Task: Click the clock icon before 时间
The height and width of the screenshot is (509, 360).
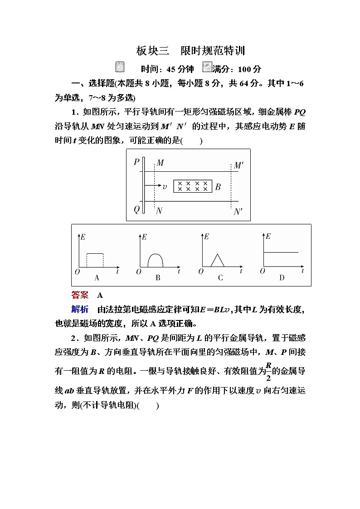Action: (x=120, y=67)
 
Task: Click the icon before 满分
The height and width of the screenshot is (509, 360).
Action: (x=207, y=67)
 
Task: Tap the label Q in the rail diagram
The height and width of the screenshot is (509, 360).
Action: (x=136, y=209)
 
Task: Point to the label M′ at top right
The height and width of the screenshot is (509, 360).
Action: (x=239, y=165)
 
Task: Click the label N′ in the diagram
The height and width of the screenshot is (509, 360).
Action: (x=238, y=212)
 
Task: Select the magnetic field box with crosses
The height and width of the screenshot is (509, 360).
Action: (x=193, y=186)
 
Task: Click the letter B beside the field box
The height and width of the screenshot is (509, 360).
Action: (x=218, y=186)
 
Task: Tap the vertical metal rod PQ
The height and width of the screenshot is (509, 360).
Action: (x=143, y=185)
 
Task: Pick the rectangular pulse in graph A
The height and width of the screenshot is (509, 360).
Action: (x=95, y=260)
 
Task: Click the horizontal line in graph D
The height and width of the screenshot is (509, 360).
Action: (x=281, y=252)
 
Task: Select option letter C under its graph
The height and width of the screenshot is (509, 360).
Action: (x=220, y=278)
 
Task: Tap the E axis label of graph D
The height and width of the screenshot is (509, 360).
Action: (x=268, y=236)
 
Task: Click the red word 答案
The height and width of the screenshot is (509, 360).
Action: (x=80, y=296)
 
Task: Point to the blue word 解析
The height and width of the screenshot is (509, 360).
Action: (x=80, y=310)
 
